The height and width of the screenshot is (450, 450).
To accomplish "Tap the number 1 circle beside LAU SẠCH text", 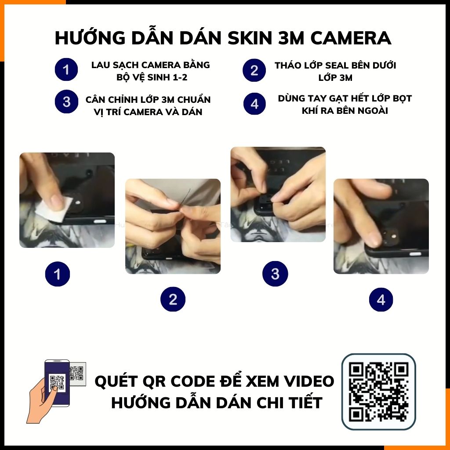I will pyautogui.click(x=66, y=70).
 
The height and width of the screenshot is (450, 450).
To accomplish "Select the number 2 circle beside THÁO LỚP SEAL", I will pyautogui.click(x=254, y=70).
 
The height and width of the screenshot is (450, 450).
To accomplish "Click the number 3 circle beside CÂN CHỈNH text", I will pyautogui.click(x=66, y=102).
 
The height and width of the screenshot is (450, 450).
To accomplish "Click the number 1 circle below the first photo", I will pyautogui.click(x=57, y=275).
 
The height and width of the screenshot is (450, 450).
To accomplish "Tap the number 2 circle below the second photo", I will pyautogui.click(x=173, y=300).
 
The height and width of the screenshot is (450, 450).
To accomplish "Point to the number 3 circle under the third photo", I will pyautogui.click(x=275, y=274).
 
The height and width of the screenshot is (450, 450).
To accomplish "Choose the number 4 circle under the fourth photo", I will pyautogui.click(x=381, y=300).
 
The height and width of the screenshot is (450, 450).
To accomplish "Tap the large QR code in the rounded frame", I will pyautogui.click(x=378, y=391).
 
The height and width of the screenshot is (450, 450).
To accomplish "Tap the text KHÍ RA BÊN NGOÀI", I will pyautogui.click(x=345, y=111).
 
